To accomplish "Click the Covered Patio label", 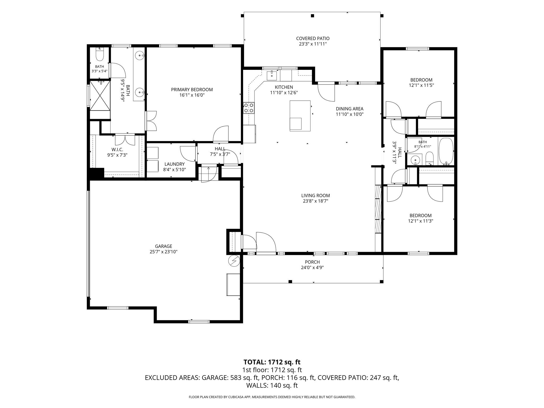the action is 313,39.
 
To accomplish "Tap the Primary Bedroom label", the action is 192,90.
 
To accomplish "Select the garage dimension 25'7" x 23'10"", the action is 163,252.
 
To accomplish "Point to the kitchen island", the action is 300,116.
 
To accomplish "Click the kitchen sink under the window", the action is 272,75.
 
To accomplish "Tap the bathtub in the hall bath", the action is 446,151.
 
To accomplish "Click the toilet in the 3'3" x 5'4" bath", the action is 100,54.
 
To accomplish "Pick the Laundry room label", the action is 174,164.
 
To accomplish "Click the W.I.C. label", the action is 117,150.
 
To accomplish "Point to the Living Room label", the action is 316,195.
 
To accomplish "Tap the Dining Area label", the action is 350,109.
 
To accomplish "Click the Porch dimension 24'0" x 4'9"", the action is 312,267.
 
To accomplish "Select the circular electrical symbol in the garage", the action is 234,261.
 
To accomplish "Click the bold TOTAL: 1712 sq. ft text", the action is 272,362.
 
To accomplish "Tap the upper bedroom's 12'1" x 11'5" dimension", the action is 421,85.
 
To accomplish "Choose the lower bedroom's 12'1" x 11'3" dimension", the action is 420,221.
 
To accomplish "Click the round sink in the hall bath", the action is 415,160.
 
